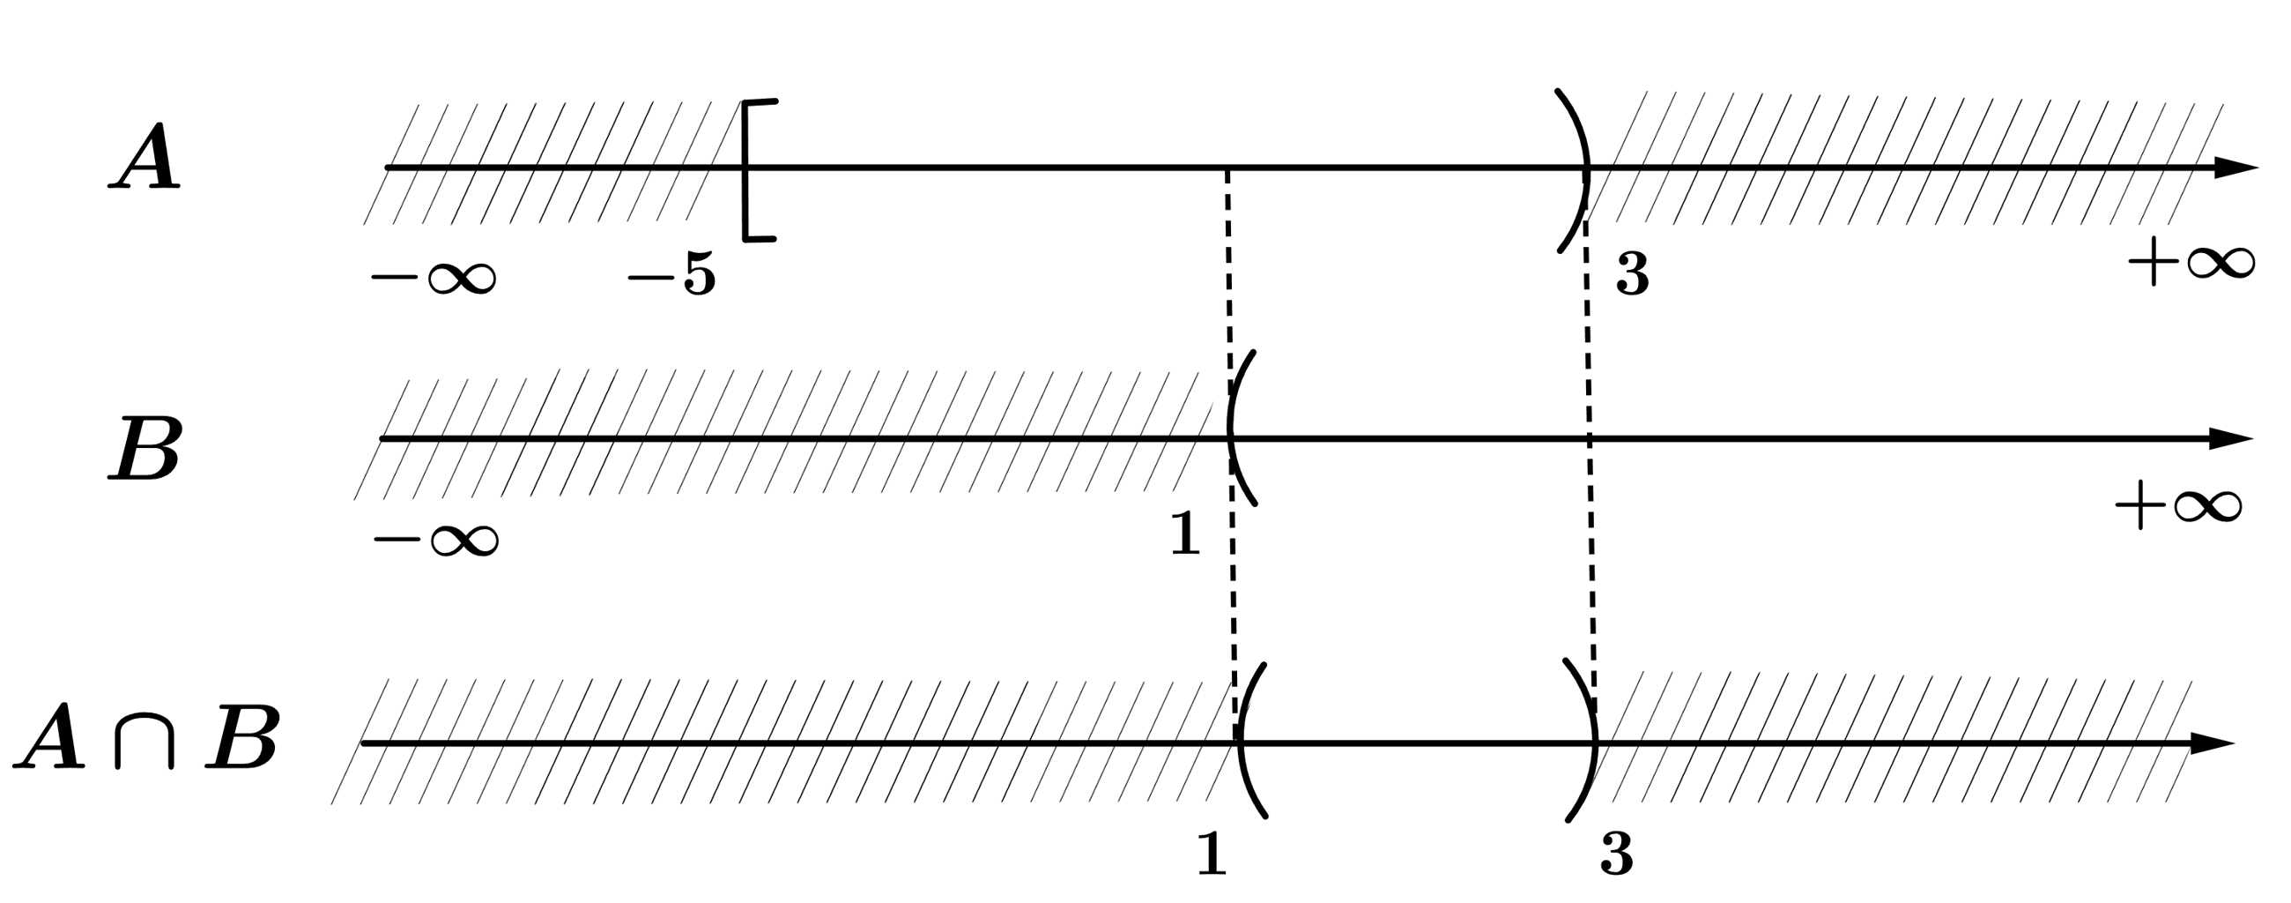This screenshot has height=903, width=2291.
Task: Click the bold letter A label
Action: point(145,157)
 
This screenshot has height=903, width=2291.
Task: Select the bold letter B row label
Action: point(145,448)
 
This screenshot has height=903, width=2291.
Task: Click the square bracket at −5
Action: point(753,170)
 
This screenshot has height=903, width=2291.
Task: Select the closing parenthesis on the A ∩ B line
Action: point(1585,740)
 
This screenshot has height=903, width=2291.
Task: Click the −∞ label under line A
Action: point(434,278)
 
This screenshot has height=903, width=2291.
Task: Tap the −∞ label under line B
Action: point(436,539)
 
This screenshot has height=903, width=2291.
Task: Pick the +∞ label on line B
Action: point(2178,507)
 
